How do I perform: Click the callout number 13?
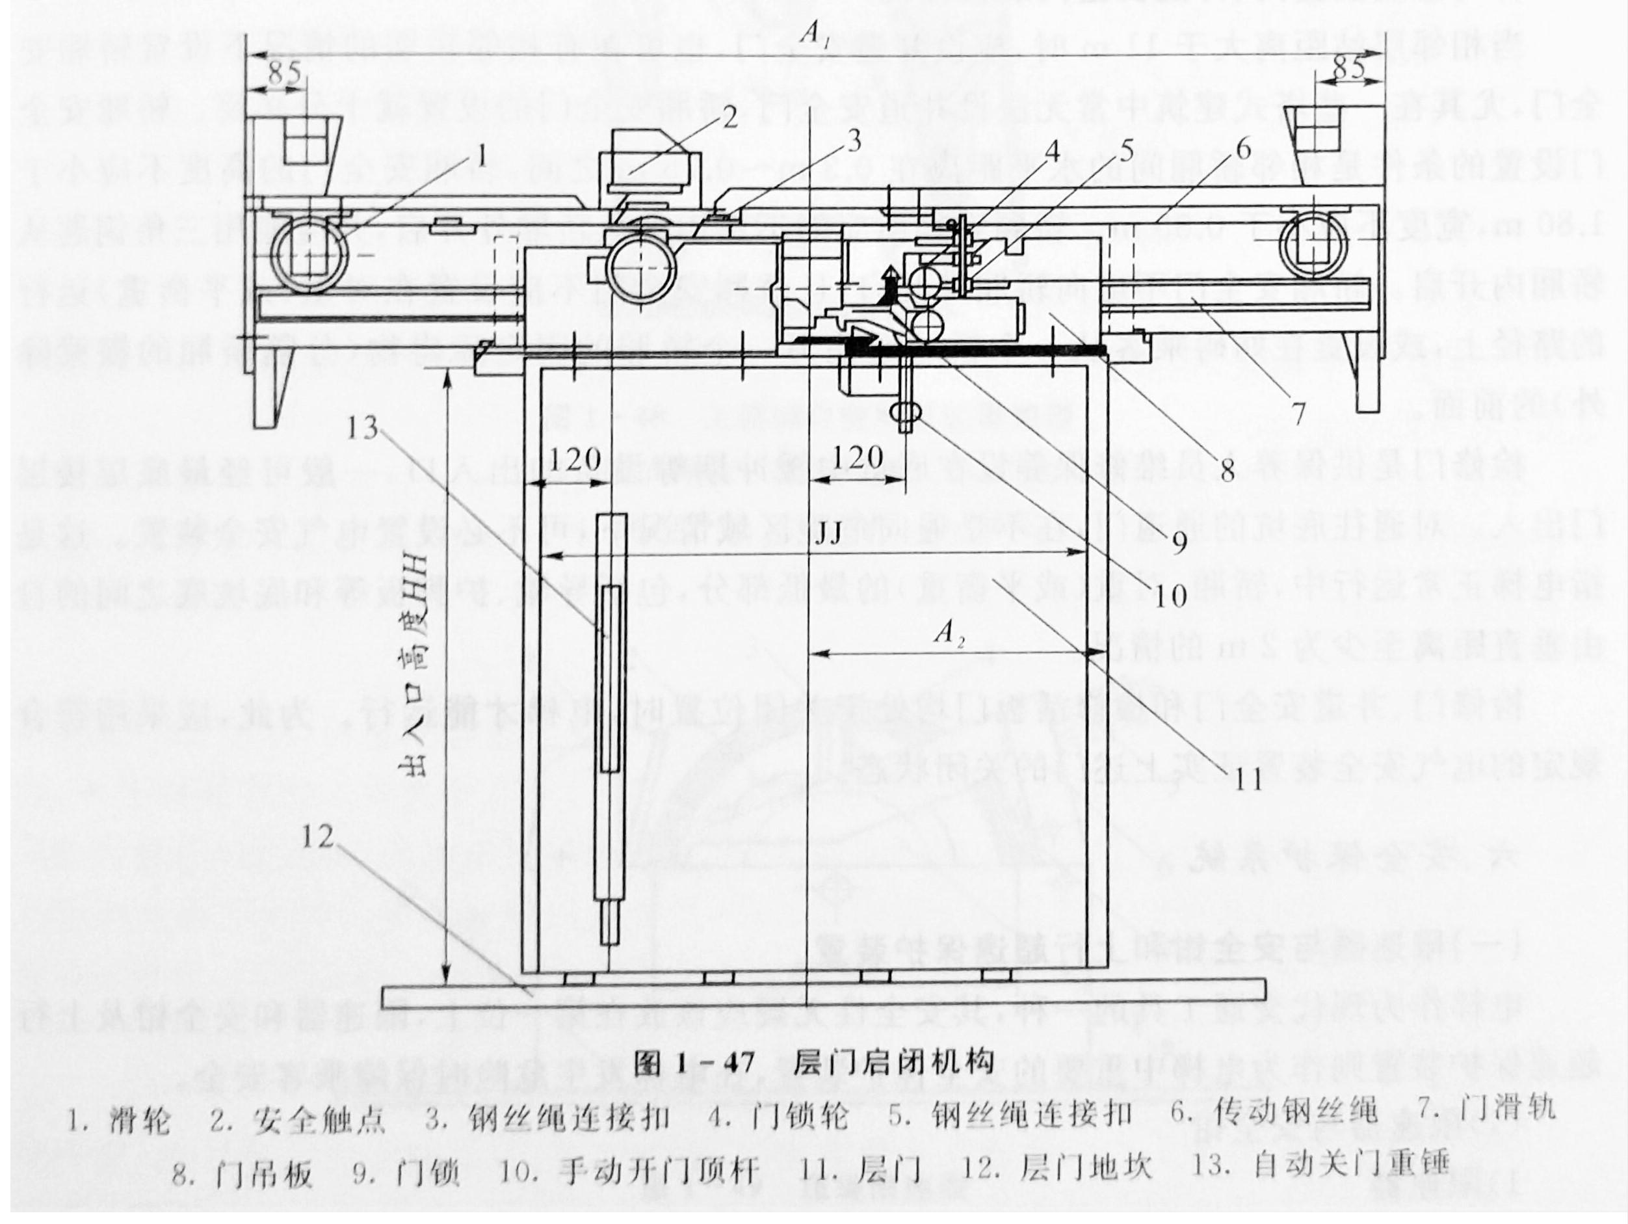coord(361,428)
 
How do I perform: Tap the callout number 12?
coord(318,836)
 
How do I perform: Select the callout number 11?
coord(1248,778)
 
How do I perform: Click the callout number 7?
coord(1298,412)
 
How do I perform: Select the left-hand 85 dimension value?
coord(283,73)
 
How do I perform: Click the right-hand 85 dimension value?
coord(1348,68)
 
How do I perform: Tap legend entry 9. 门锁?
coord(406,1174)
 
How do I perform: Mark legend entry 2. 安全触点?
coord(298,1120)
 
